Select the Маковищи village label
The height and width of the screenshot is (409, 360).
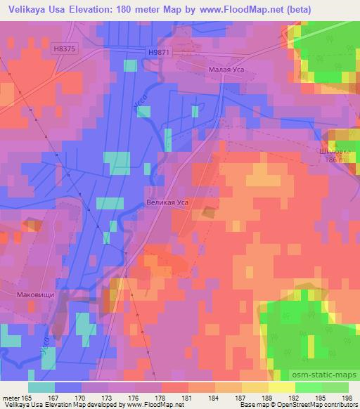pos(35,296)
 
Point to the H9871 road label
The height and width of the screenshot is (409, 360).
pos(160,52)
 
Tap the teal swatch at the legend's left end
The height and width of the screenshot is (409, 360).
pos(41,387)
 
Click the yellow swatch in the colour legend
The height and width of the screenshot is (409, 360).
pos(281,387)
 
